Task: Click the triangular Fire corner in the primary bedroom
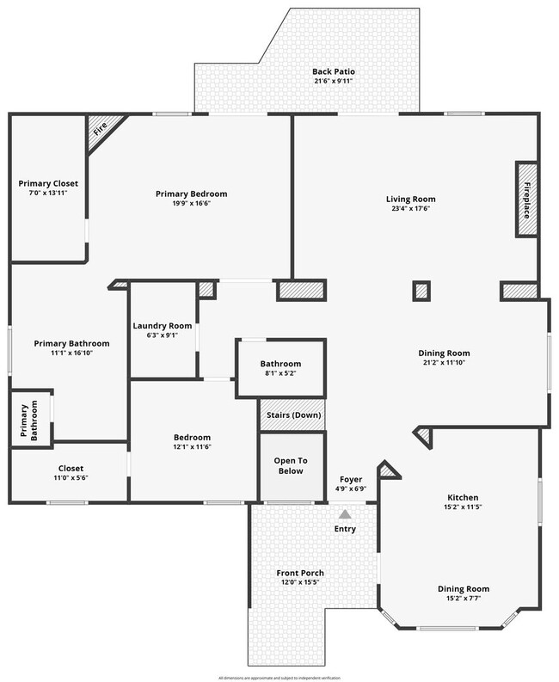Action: point(103,132)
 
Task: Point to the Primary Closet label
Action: point(48,183)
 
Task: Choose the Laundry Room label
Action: point(162,326)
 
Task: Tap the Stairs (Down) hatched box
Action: point(292,415)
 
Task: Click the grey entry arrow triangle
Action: point(345,513)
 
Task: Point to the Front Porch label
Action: point(300,573)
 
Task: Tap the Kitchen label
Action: point(463,498)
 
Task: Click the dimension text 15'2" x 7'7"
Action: point(464,599)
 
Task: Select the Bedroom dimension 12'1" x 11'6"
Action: point(192,448)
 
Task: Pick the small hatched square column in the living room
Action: point(421,292)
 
